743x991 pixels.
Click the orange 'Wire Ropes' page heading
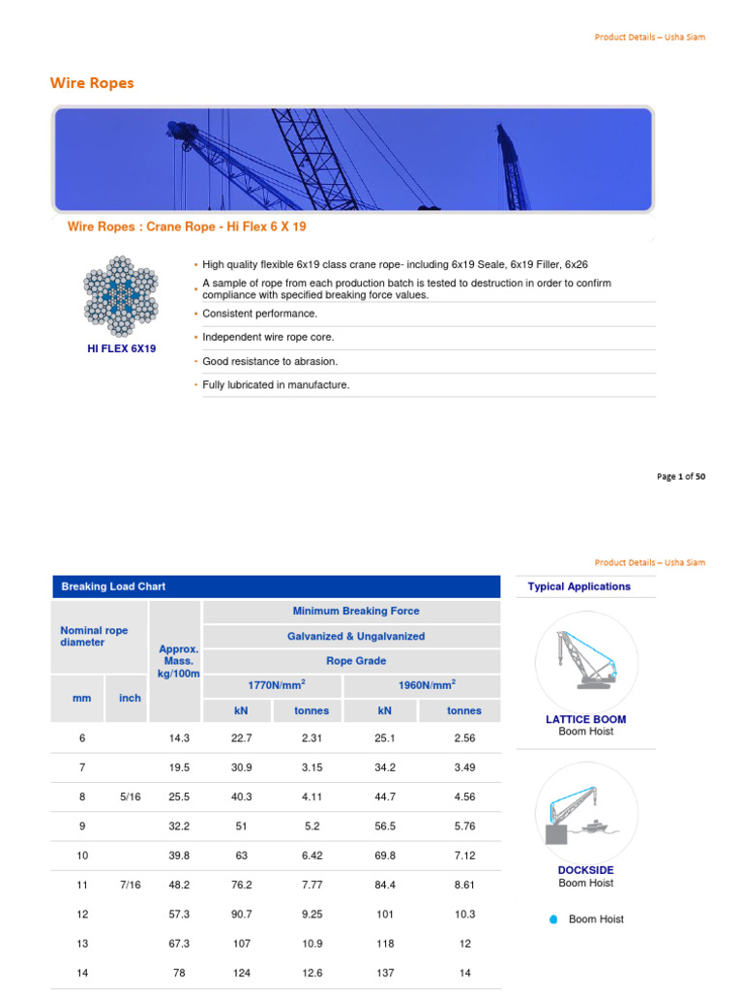(x=92, y=83)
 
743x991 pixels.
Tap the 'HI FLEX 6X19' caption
(x=122, y=348)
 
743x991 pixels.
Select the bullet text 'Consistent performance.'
(x=259, y=314)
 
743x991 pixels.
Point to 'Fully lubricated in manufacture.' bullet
(x=276, y=385)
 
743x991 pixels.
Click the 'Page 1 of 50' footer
(x=681, y=476)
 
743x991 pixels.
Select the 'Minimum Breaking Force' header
(x=355, y=612)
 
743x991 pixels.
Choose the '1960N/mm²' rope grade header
(x=427, y=685)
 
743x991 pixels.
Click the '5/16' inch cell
(x=130, y=796)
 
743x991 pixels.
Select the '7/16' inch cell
(x=130, y=885)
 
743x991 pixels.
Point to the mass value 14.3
(x=179, y=737)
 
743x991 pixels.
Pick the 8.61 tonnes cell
(x=464, y=885)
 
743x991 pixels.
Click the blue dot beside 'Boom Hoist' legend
(x=553, y=919)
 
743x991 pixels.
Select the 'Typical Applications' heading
(x=579, y=586)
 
